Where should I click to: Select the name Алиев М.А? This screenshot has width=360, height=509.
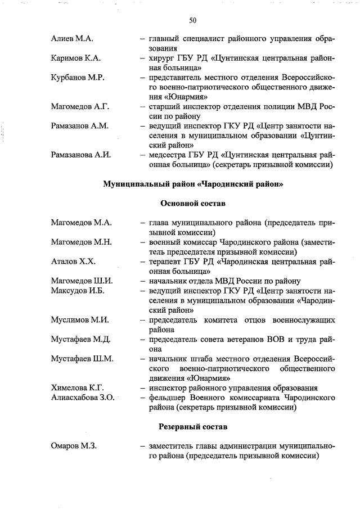(x=72, y=39)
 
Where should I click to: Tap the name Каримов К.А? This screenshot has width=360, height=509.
(x=76, y=58)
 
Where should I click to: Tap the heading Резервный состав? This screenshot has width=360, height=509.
(x=193, y=427)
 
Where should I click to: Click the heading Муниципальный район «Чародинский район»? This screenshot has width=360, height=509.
(x=193, y=184)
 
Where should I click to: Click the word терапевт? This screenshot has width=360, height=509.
(x=165, y=262)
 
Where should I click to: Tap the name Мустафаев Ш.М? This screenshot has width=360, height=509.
(x=82, y=359)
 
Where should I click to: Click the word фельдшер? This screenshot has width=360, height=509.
(x=168, y=398)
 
